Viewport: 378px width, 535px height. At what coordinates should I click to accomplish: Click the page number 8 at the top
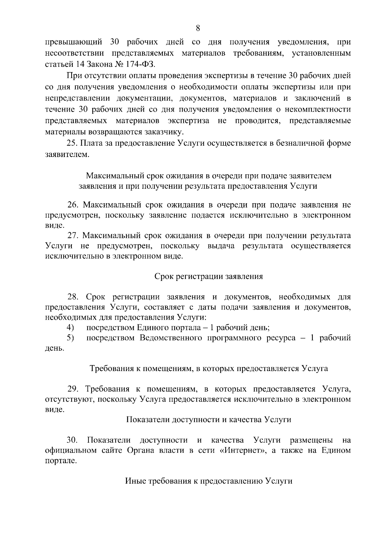click(198, 28)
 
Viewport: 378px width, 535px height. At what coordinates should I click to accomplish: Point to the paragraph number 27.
click(73, 236)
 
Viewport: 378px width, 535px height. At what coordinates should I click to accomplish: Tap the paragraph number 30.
click(73, 440)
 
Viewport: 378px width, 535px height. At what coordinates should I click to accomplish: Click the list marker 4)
click(70, 328)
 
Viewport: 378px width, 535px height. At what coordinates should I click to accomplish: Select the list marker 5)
click(70, 338)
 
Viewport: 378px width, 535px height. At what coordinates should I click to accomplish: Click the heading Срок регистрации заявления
click(209, 276)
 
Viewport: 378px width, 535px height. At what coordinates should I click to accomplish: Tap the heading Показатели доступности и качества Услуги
click(209, 420)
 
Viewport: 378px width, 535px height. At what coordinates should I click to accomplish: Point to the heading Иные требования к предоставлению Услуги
click(209, 481)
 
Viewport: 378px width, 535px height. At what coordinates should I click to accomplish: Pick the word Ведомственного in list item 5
click(170, 338)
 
